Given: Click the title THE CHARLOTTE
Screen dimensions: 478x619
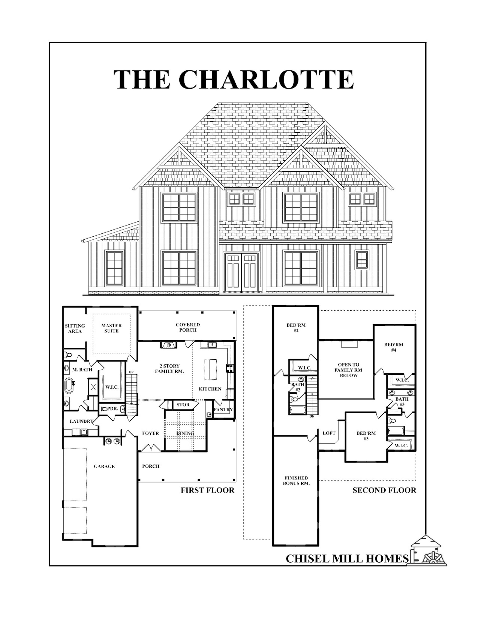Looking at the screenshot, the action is [x=234, y=80].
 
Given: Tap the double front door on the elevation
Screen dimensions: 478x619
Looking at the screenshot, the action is [x=242, y=272].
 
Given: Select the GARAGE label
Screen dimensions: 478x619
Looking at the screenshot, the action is [x=104, y=466].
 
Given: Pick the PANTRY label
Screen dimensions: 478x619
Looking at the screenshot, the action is [x=223, y=410].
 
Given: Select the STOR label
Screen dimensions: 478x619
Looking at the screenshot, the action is [x=183, y=405].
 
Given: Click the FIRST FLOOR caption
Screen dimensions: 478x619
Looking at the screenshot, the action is [x=208, y=490].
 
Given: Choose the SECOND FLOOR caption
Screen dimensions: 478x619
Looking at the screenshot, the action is [x=384, y=490].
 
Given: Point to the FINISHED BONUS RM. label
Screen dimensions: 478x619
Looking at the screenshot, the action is [x=296, y=481].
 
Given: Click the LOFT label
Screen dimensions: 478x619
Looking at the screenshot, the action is [x=329, y=433].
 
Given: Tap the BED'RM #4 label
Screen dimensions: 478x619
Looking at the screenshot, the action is [x=394, y=347].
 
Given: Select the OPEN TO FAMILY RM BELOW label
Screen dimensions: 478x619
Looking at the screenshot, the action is [x=349, y=370].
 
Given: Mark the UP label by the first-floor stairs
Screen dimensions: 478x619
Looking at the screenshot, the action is [x=131, y=372].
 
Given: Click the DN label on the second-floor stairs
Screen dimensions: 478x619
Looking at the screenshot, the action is [x=312, y=416].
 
